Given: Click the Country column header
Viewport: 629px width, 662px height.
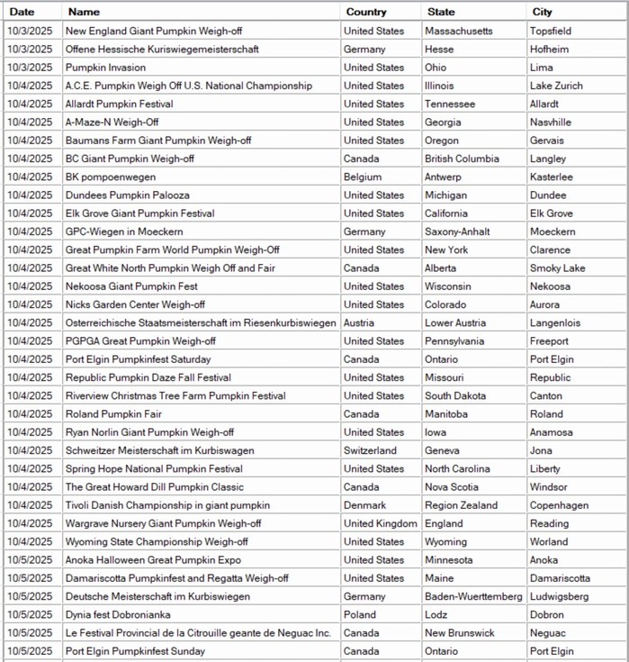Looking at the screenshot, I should pyautogui.click(x=365, y=13).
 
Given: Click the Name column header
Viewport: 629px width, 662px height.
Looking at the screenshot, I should pyautogui.click(x=85, y=13).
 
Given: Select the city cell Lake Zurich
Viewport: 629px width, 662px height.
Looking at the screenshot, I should pyautogui.click(x=556, y=86).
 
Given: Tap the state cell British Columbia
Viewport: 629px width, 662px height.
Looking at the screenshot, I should pyautogui.click(x=462, y=159).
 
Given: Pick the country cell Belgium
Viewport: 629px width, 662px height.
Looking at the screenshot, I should pyautogui.click(x=363, y=177).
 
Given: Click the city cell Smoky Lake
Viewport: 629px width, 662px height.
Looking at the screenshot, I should pyautogui.click(x=557, y=268).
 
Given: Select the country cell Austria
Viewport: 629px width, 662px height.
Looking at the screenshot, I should pyautogui.click(x=360, y=323).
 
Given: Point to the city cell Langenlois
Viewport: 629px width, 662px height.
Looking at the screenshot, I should pyautogui.click(x=555, y=323).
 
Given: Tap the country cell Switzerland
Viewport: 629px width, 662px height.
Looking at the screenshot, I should pyautogui.click(x=370, y=450).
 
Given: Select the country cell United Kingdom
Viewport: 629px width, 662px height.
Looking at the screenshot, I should pyautogui.click(x=381, y=523).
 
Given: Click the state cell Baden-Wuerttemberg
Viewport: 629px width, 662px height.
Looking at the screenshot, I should pyautogui.click(x=473, y=596).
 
